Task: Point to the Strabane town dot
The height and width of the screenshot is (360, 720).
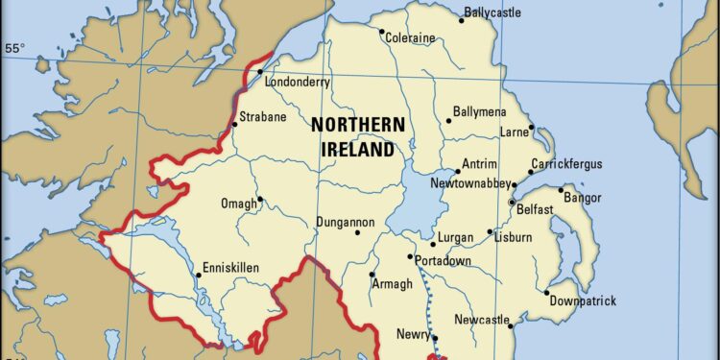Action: pos(235,124)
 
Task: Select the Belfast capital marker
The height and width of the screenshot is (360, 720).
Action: pos(512,202)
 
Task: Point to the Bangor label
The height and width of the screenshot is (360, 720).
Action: pos(583,198)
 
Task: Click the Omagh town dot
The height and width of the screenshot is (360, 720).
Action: pos(260,200)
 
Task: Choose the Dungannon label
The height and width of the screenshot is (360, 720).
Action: pos(346,223)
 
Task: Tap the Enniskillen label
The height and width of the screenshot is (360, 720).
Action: pos(231,268)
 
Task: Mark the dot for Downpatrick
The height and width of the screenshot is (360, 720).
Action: pos(547,293)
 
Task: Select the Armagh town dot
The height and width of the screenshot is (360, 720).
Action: pos(372,275)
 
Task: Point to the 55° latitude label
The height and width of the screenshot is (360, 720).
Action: pos(15,47)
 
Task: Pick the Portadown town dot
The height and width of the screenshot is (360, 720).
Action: pos(410,256)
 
